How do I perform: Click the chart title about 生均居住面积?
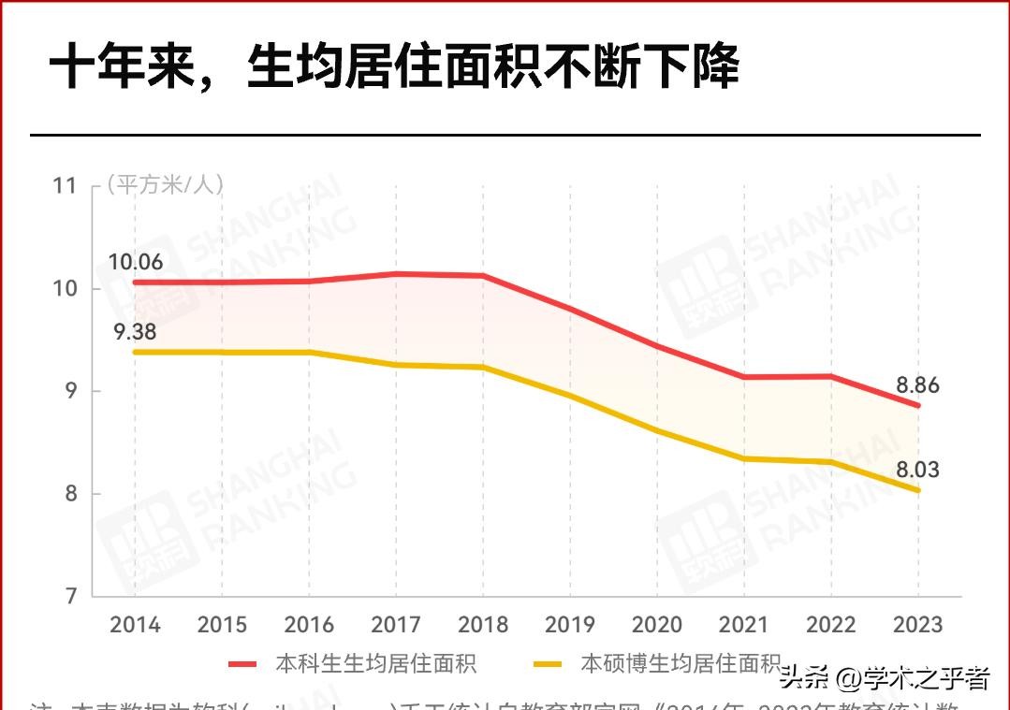(x=393, y=67)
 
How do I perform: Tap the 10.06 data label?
(x=135, y=262)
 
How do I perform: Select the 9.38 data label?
(x=135, y=331)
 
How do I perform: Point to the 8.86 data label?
(x=916, y=385)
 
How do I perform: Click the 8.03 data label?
(x=916, y=470)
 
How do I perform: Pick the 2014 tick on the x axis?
(x=135, y=624)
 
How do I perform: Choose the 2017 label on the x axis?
(x=396, y=624)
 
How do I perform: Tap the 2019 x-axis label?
(x=570, y=624)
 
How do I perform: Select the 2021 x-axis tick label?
(x=744, y=624)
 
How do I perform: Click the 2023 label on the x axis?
(x=917, y=624)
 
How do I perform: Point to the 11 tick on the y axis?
(x=64, y=185)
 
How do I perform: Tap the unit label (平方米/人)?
(x=165, y=184)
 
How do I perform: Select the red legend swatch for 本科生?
(x=242, y=664)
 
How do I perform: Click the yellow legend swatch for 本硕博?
(x=548, y=664)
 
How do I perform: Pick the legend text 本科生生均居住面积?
(x=375, y=664)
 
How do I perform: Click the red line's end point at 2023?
(x=917, y=405)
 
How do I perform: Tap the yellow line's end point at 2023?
(x=917, y=490)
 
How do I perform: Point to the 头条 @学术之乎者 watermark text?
(x=884, y=676)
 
